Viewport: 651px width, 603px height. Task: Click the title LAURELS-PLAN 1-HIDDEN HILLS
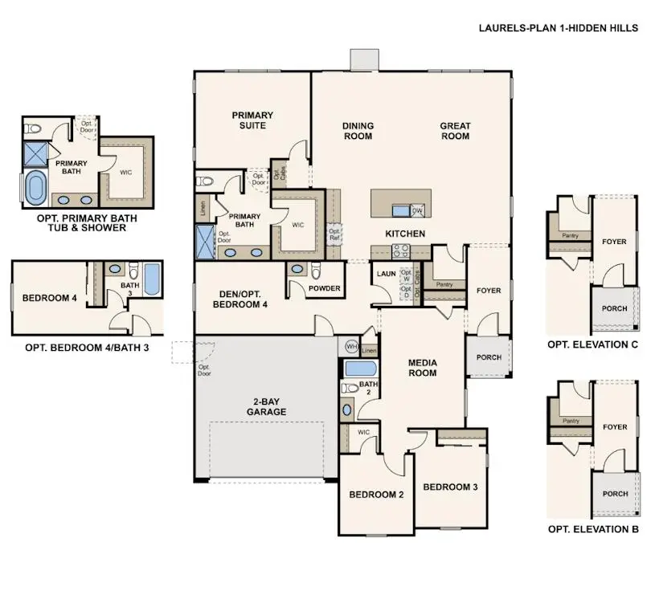tap(559, 26)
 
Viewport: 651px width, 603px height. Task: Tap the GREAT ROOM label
tap(455, 131)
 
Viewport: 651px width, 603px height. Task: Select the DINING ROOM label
tap(358, 131)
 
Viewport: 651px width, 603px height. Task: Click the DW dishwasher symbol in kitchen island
tap(417, 210)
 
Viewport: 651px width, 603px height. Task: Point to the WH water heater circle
tap(351, 346)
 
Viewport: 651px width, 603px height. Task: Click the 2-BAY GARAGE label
tap(267, 406)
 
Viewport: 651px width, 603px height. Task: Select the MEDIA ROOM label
tap(422, 368)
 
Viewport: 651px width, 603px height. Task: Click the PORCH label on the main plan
tap(489, 357)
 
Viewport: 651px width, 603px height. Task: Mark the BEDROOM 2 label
tap(376, 495)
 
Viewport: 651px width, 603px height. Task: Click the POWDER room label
tap(325, 288)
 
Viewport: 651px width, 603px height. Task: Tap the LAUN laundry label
tap(384, 273)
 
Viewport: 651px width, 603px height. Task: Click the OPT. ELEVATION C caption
tap(592, 344)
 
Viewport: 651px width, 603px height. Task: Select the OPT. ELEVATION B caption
tap(592, 529)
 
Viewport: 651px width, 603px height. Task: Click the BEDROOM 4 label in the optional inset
tap(49, 298)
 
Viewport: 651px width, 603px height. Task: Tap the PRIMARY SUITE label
tap(253, 120)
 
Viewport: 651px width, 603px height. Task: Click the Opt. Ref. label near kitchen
tap(334, 234)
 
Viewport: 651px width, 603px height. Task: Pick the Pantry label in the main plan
tap(444, 284)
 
